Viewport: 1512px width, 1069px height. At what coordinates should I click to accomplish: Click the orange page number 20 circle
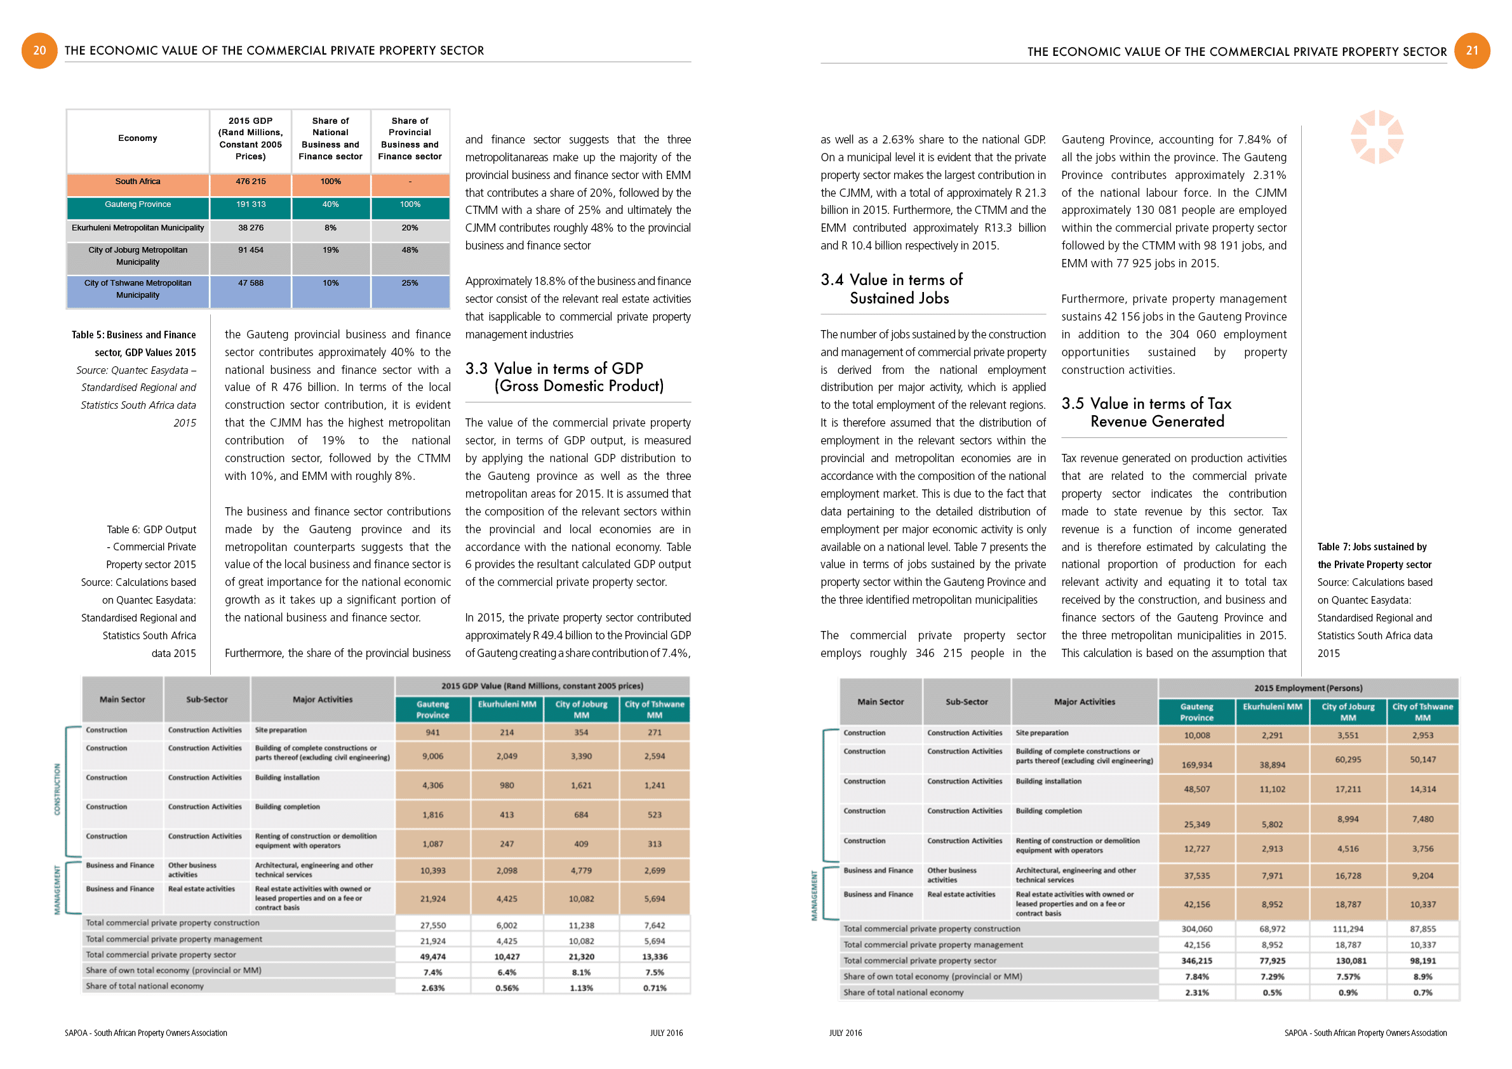tap(39, 51)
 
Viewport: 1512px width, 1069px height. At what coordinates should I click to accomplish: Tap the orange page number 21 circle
tap(1472, 51)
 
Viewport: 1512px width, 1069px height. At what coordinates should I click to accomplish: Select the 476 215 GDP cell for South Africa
tap(250, 182)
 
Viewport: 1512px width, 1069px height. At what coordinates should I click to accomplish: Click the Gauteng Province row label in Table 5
tap(138, 204)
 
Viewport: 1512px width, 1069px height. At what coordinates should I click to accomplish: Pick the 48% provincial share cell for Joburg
tap(410, 250)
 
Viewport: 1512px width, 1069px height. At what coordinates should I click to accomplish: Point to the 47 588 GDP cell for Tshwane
tap(250, 283)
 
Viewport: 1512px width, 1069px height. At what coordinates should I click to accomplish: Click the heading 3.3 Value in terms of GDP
tap(565, 377)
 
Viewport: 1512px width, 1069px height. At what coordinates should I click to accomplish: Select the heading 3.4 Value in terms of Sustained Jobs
tap(892, 289)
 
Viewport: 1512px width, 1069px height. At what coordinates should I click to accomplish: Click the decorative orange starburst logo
tap(1376, 137)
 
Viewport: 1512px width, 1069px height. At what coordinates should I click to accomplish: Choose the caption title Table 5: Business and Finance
tap(134, 335)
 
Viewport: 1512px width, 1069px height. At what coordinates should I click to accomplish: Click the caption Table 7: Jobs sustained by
tap(1372, 547)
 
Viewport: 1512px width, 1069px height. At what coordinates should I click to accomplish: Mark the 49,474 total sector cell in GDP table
tap(432, 957)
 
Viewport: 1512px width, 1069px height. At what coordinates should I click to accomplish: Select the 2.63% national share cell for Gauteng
tap(432, 988)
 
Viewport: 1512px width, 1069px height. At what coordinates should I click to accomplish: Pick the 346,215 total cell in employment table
tap(1196, 961)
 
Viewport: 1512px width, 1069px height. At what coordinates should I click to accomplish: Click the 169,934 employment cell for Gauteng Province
tap(1196, 765)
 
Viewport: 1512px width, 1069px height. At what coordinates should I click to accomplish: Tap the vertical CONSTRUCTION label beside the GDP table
tap(57, 789)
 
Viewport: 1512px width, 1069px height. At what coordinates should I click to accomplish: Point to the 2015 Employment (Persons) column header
tap(1308, 689)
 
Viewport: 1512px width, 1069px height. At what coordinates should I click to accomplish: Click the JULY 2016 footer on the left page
tap(666, 1033)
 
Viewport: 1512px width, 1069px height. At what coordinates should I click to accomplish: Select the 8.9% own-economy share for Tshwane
tap(1422, 977)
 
